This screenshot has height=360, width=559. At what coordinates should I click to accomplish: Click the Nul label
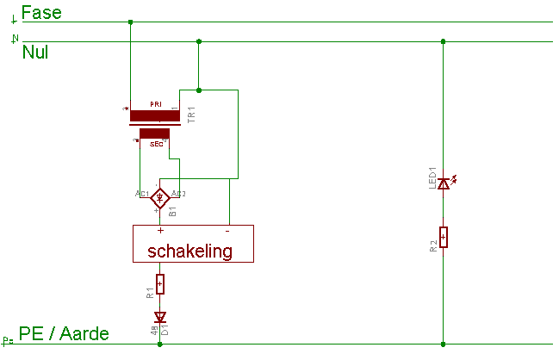35,52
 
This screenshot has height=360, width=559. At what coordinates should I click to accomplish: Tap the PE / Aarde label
64,334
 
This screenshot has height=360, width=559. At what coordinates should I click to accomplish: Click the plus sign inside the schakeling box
160,231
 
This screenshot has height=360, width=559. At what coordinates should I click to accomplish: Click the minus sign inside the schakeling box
227,231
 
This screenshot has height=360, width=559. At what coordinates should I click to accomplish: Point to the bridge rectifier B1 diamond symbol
159,199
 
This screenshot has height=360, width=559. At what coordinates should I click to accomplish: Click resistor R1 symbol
160,283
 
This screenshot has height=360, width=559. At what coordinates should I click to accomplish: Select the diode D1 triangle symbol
160,317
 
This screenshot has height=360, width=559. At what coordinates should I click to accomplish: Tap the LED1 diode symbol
444,183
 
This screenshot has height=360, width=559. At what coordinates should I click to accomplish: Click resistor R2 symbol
443,237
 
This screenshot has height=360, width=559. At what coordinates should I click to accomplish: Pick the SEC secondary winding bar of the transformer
154,133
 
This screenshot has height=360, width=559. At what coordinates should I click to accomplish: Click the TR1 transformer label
191,115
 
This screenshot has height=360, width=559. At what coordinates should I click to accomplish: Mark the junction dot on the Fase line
129,22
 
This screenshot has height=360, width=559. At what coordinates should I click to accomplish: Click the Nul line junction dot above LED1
443,40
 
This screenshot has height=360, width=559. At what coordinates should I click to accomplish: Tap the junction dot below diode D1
160,344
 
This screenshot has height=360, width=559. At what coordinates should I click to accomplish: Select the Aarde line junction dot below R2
443,344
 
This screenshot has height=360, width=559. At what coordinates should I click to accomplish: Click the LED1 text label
433,177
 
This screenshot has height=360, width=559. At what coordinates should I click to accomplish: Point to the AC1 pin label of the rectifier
142,194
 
